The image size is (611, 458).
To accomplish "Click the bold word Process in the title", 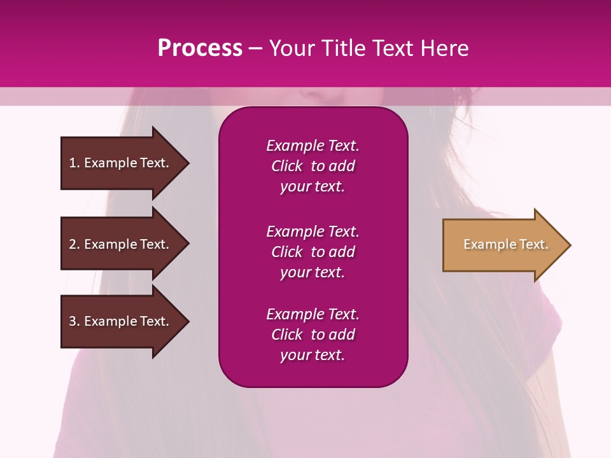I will click(x=200, y=48).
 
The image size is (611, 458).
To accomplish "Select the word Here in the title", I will click(x=444, y=48).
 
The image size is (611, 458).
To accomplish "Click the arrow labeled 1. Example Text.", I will click(x=121, y=163).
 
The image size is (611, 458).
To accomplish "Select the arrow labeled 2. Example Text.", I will click(x=121, y=244).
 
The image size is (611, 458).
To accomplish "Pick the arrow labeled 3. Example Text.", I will click(x=121, y=321).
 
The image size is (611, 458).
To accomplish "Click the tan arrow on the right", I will click(x=503, y=245).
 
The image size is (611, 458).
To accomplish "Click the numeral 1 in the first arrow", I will click(x=73, y=163).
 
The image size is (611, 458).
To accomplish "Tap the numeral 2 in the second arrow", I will click(x=73, y=244).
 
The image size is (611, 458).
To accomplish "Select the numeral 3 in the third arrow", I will click(x=73, y=321).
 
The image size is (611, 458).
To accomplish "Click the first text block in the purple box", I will click(x=313, y=166).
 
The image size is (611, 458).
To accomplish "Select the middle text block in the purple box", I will click(x=313, y=252).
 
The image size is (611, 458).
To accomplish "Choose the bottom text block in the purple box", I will click(x=313, y=335).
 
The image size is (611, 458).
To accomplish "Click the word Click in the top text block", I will click(x=286, y=166).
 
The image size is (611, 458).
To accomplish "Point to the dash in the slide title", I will click(x=255, y=48).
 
